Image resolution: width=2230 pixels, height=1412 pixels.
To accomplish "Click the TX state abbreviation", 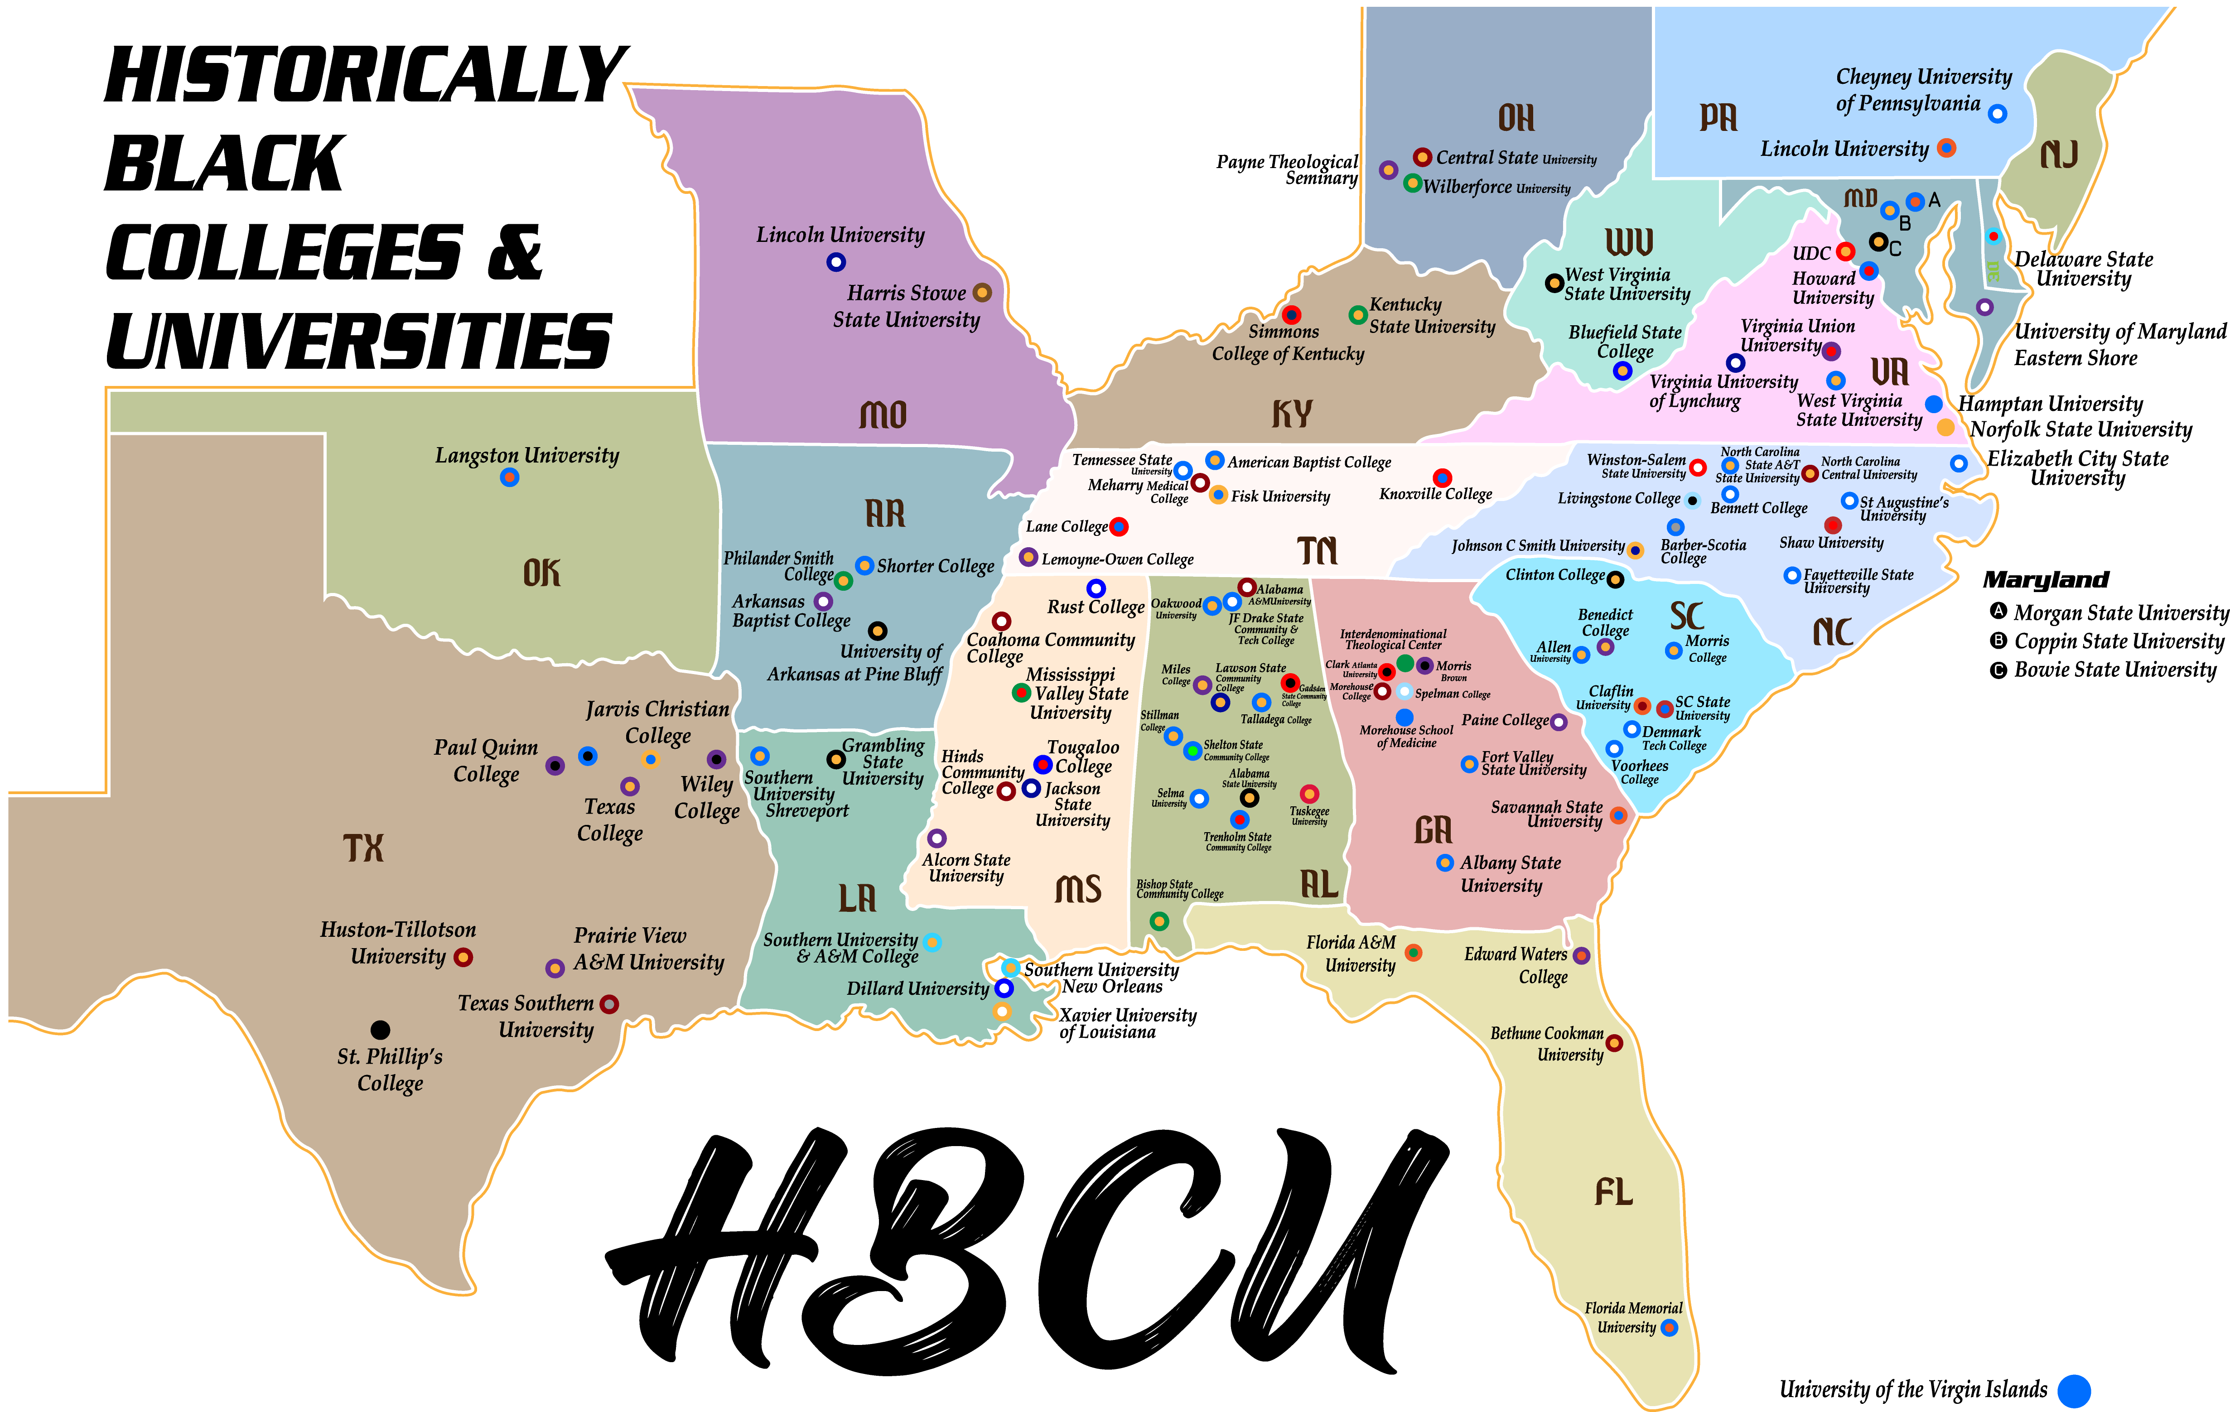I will (x=363, y=847).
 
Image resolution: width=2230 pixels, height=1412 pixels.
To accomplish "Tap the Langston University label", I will (x=527, y=456).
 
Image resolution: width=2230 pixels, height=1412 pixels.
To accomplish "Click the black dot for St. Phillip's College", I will (x=380, y=1030).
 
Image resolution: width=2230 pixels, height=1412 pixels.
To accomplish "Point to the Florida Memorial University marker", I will (x=1669, y=1328).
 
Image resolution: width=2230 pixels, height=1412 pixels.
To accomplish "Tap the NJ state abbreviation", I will (x=2060, y=154).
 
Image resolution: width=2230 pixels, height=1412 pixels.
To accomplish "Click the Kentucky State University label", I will (x=1432, y=316).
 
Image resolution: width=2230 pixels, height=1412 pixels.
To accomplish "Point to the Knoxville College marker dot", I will (x=1442, y=478).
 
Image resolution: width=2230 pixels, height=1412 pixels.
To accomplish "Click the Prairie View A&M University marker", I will (x=555, y=969).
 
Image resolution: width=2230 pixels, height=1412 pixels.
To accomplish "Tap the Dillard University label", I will (x=918, y=989).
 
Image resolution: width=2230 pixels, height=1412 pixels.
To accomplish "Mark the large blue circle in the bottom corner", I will (x=2074, y=1391).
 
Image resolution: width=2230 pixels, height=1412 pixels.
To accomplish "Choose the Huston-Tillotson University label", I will (x=398, y=943).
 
